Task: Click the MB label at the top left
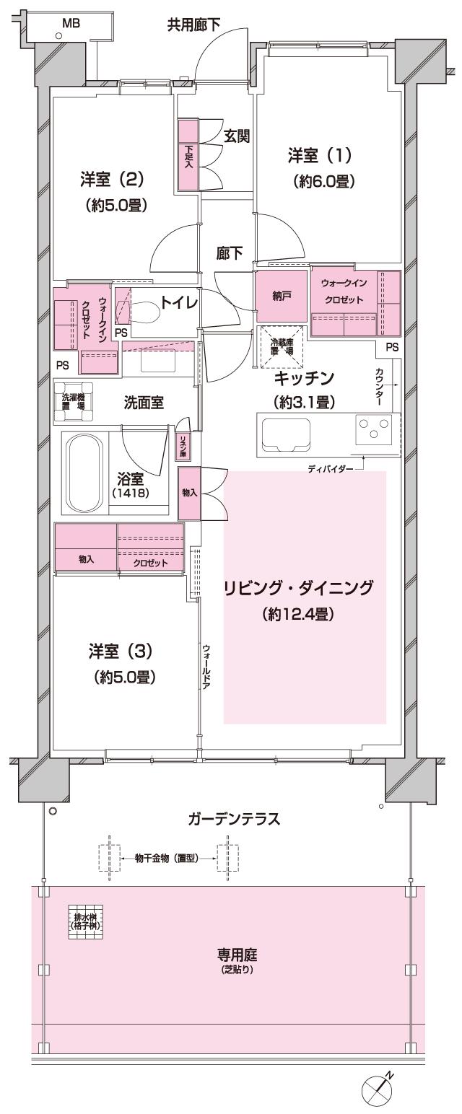pos(71,23)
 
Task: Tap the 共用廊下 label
pos(193,25)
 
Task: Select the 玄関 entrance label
pos(235,136)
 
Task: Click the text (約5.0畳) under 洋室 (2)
pos(116,206)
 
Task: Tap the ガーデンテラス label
pos(232,819)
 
